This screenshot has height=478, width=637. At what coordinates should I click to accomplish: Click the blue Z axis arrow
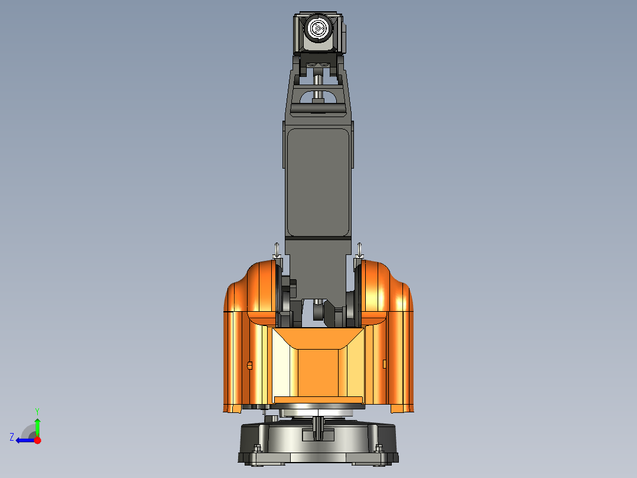pyautogui.click(x=24, y=440)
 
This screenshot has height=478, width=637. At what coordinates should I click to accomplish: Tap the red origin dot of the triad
pyautogui.click(x=37, y=440)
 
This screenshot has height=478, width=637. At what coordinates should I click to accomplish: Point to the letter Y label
pyautogui.click(x=37, y=411)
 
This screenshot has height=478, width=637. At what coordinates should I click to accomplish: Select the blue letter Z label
pyautogui.click(x=12, y=437)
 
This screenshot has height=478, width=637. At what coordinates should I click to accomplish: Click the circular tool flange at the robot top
pyautogui.click(x=318, y=28)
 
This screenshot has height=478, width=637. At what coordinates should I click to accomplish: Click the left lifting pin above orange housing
pyautogui.click(x=276, y=250)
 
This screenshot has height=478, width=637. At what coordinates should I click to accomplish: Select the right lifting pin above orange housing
pyautogui.click(x=360, y=250)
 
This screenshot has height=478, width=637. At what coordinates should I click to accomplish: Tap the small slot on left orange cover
pyautogui.click(x=249, y=365)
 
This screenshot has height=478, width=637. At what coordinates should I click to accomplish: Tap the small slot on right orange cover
pyautogui.click(x=385, y=363)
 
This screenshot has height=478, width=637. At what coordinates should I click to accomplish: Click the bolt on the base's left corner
pyautogui.click(x=256, y=448)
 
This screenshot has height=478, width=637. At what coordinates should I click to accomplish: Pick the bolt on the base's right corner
pyautogui.click(x=378, y=448)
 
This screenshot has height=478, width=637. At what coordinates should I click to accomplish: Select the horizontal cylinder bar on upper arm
pyautogui.click(x=318, y=108)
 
